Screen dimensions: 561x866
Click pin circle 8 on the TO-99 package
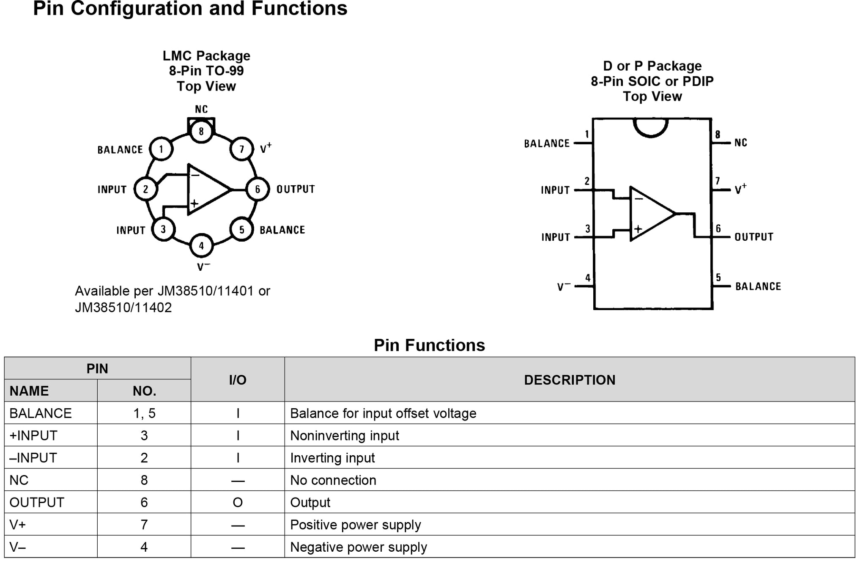coord(201,131)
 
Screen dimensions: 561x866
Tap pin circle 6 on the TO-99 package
coord(258,189)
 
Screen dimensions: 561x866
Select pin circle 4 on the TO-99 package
coord(201,245)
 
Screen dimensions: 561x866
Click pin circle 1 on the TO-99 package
coord(161,149)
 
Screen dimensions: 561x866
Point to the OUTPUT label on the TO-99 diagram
coord(296,189)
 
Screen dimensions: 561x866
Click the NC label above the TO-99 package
coord(201,110)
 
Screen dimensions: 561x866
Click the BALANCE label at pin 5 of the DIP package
coord(758,286)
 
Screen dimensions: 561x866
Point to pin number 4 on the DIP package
coord(588,278)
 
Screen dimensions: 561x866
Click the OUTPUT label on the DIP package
coord(754,237)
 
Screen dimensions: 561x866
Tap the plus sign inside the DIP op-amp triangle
coord(638,229)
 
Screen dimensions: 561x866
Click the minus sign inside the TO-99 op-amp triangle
coord(195,175)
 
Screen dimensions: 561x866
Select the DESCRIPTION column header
coord(570,380)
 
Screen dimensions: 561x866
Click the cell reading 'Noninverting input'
coord(345,435)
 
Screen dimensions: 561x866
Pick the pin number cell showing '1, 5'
coord(144,413)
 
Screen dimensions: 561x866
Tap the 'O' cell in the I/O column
coord(238,502)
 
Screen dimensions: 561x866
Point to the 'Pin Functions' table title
coord(429,345)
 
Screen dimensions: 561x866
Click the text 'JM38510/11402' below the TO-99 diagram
coord(123,308)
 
